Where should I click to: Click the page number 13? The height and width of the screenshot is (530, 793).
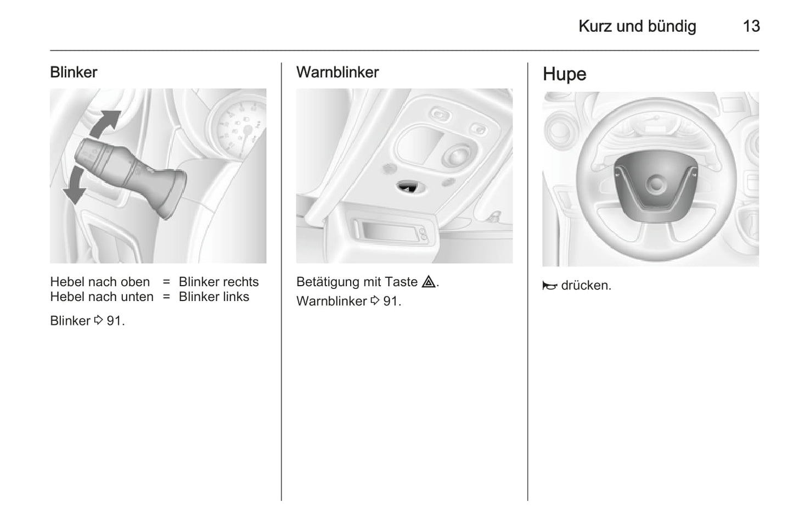(751, 26)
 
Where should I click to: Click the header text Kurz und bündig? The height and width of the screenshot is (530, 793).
(637, 27)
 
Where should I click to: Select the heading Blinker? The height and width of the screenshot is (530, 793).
(74, 72)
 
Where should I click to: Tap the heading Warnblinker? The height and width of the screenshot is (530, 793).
(338, 72)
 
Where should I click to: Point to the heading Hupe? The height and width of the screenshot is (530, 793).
(564, 75)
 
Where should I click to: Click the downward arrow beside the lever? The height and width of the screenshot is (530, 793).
(74, 186)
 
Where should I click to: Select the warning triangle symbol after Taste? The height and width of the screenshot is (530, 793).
(429, 282)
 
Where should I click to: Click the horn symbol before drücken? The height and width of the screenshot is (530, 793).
(550, 286)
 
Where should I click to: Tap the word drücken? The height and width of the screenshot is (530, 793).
(586, 285)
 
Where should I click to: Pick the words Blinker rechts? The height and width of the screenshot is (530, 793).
(218, 282)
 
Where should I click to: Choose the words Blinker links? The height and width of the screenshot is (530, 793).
(214, 297)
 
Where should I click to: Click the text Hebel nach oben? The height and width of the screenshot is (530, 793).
(100, 282)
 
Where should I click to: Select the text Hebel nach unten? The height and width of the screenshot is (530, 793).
(102, 297)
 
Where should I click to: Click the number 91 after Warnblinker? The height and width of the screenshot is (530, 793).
(391, 301)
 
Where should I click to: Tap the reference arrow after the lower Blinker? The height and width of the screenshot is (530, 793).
(98, 320)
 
